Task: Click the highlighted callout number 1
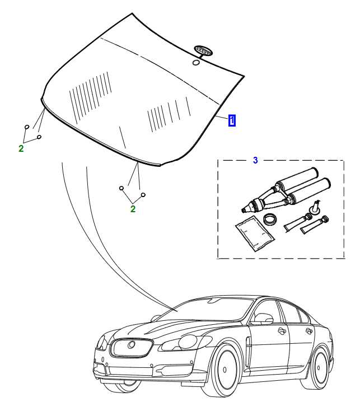pyautogui.click(x=232, y=120)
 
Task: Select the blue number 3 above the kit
pyautogui.click(x=255, y=160)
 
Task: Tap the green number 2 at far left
pyautogui.click(x=21, y=149)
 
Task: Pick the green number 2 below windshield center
pyautogui.click(x=133, y=209)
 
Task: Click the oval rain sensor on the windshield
pyautogui.click(x=203, y=51)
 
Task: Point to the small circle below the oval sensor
pyautogui.click(x=196, y=63)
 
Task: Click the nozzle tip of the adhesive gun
pyautogui.click(x=244, y=210)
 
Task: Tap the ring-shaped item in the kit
pyautogui.click(x=269, y=219)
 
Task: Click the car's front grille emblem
pyautogui.click(x=132, y=345)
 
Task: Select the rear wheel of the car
pyautogui.click(x=321, y=367)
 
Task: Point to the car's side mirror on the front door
pyautogui.click(x=263, y=320)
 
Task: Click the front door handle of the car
pyautogui.click(x=282, y=331)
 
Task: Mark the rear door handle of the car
pyautogui.click(x=308, y=330)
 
